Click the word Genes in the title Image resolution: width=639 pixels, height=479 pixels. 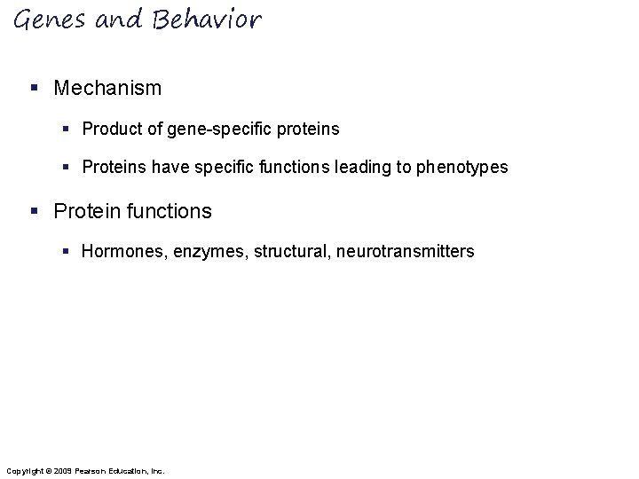tap(45, 20)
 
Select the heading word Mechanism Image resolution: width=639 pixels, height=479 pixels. tap(107, 88)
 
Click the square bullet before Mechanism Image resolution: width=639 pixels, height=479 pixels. tap(33, 89)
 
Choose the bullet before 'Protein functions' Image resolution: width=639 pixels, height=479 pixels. tap(33, 211)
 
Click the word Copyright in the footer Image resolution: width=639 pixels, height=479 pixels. tap(23, 469)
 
